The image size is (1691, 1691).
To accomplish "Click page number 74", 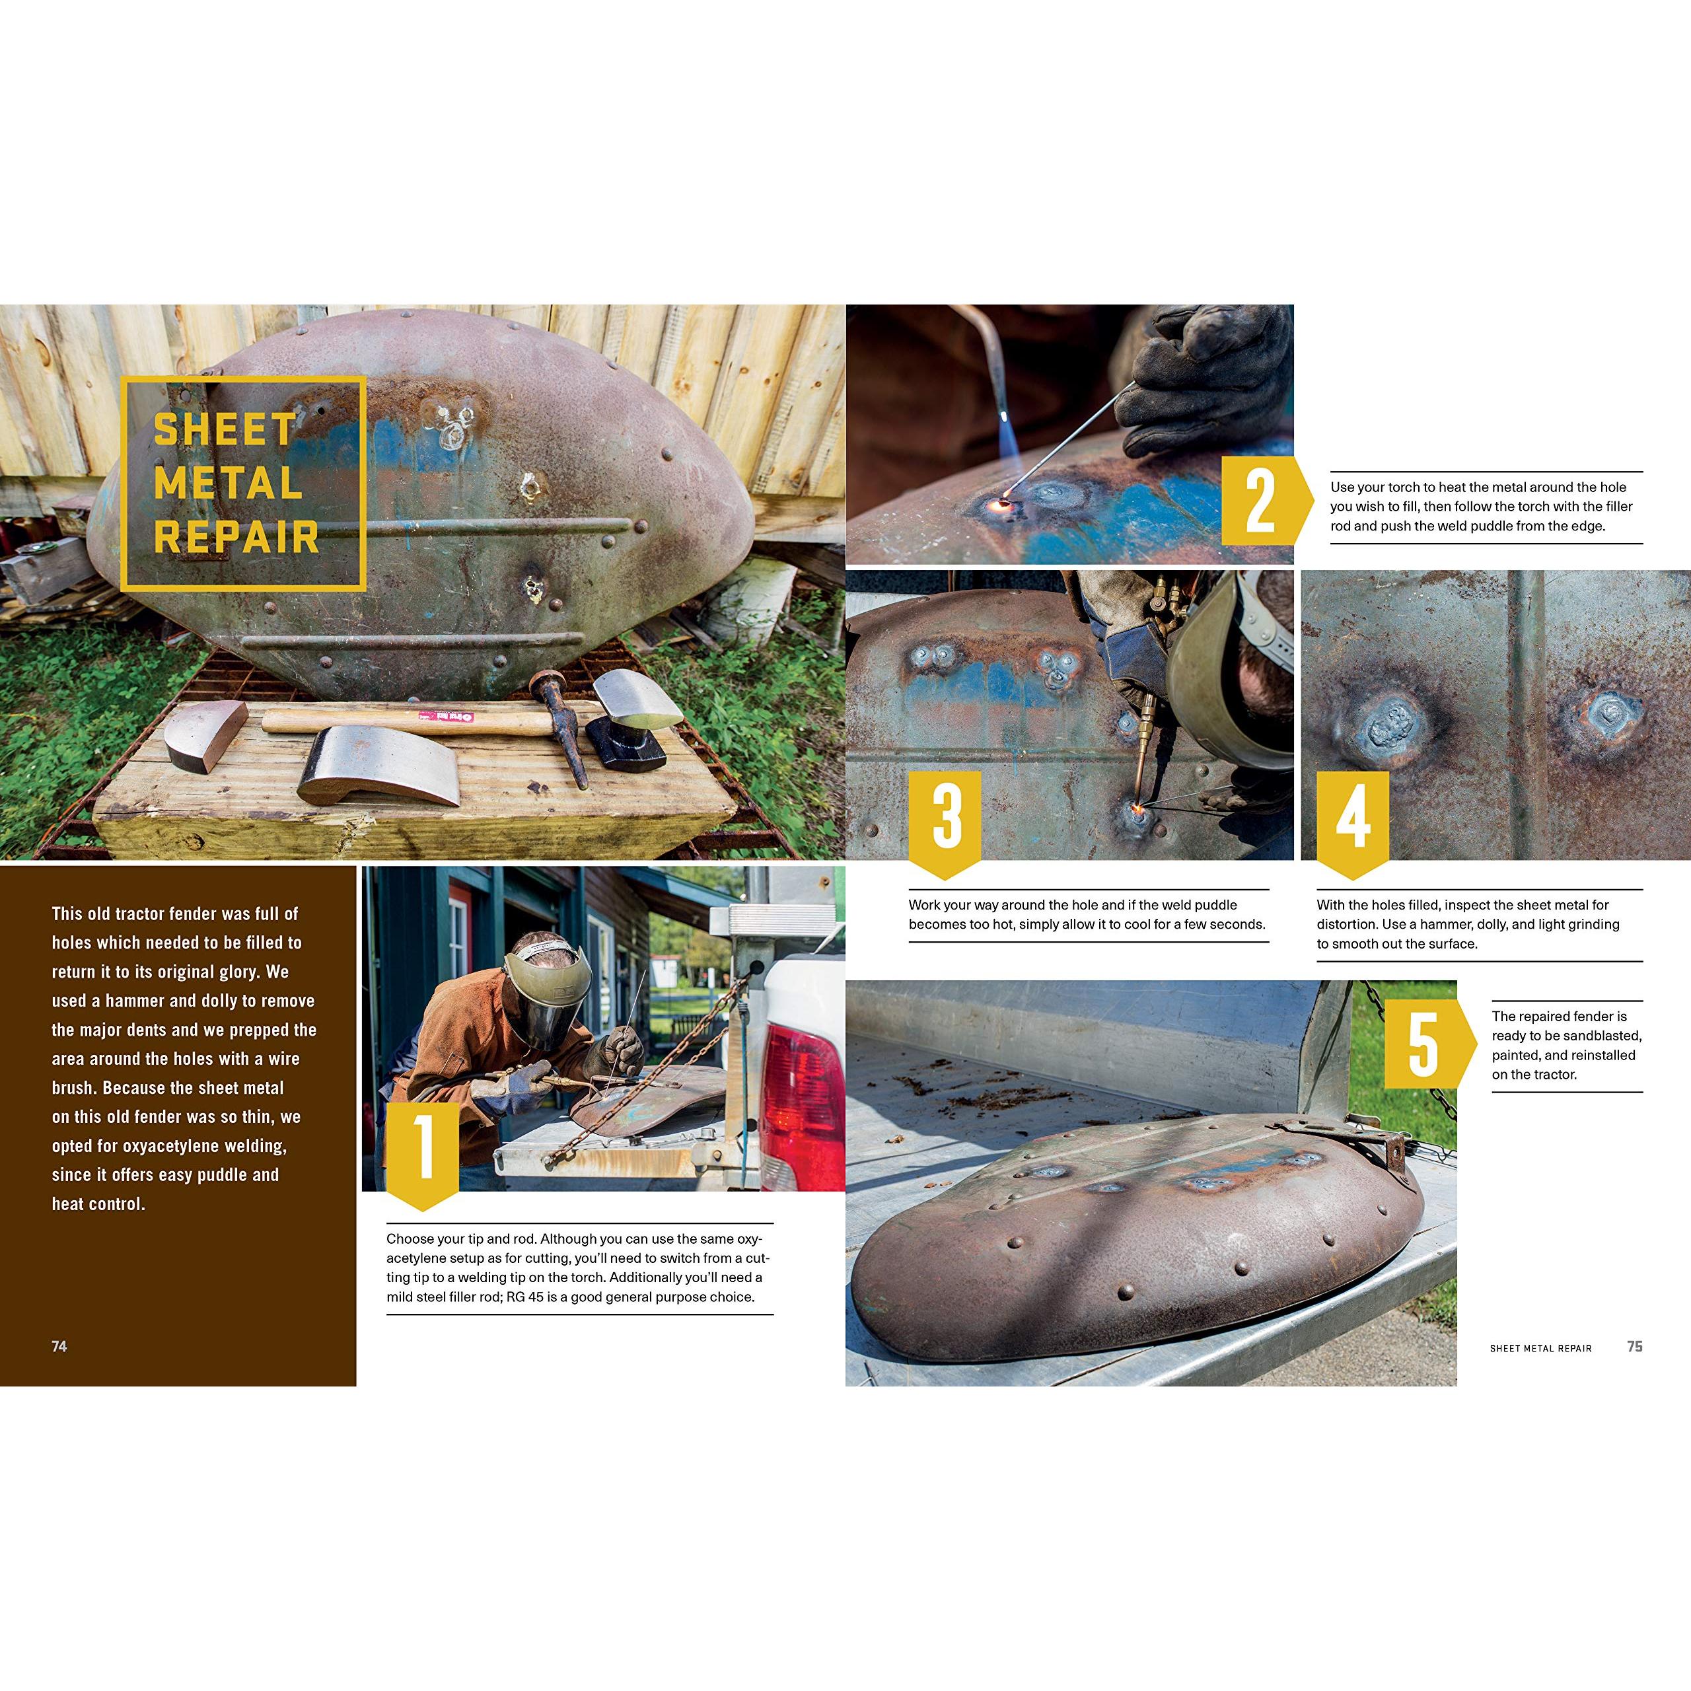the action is [x=59, y=1346].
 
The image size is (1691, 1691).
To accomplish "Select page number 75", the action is [x=1635, y=1346].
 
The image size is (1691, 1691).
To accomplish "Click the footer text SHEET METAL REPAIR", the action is [x=1540, y=1348].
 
